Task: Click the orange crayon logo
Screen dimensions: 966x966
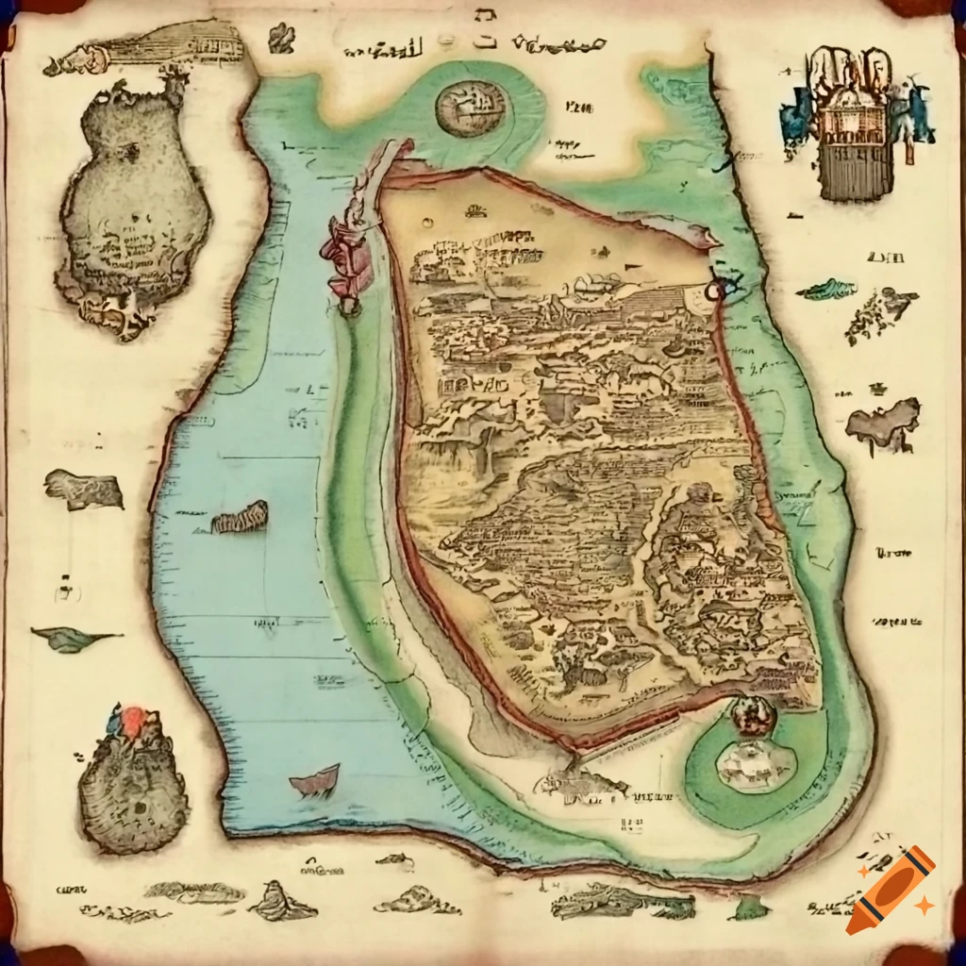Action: (x=891, y=891)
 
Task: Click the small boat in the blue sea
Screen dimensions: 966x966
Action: (x=315, y=781)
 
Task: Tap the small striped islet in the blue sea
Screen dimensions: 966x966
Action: (x=240, y=517)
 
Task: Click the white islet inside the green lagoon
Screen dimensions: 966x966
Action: (x=755, y=764)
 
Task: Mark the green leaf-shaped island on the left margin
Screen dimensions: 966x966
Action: (x=74, y=638)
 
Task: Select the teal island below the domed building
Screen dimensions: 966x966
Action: (x=827, y=289)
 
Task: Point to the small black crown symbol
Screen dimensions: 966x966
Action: (x=879, y=387)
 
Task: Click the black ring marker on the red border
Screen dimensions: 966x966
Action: (x=717, y=291)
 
